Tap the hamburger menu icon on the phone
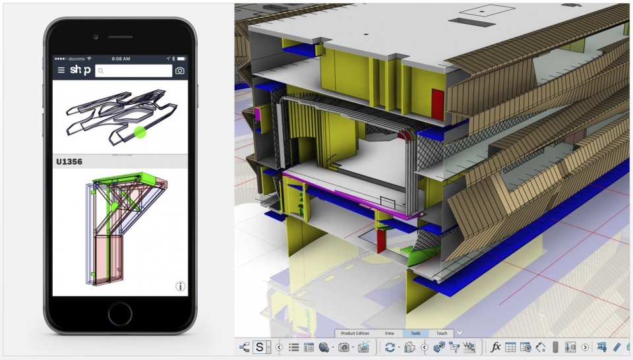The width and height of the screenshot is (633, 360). point(61,71)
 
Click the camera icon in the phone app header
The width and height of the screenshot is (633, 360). point(179,71)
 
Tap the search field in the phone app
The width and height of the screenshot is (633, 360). point(134,71)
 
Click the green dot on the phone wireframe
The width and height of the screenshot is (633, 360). point(140,132)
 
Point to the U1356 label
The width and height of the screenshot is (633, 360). point(69,162)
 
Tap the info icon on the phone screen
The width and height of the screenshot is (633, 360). point(180,286)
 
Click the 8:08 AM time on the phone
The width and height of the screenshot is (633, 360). point(121,59)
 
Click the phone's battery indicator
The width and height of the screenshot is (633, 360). point(181,59)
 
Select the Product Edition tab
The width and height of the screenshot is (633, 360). point(355,334)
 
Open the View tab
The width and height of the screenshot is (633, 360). point(389,334)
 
